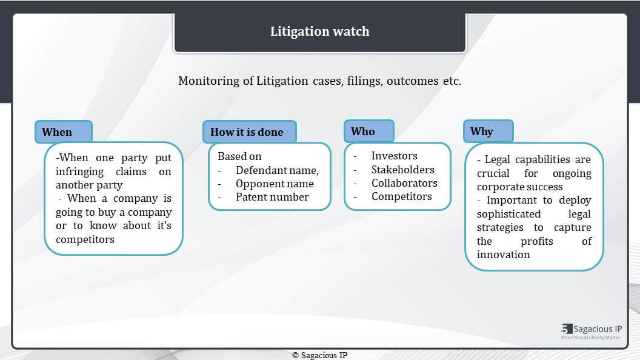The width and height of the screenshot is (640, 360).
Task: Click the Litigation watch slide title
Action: coord(319,32)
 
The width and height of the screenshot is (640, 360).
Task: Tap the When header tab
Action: coord(64,132)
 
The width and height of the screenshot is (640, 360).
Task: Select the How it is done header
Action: coord(249,132)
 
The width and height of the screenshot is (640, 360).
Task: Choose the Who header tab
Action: coord(369,131)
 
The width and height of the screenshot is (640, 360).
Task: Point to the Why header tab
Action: coord(488,131)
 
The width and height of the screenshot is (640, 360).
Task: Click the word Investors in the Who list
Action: coord(395,156)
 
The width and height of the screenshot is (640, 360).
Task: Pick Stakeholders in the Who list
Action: coord(403,170)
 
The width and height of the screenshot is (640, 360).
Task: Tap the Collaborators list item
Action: coord(404,183)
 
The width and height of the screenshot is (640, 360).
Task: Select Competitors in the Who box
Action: coord(402,197)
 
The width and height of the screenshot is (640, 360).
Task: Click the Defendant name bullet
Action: coord(277,170)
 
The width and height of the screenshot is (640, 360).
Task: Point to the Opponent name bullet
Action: coord(275,184)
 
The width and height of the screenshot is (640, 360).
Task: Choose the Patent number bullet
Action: coord(272,197)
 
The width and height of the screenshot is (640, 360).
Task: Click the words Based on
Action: coord(239,156)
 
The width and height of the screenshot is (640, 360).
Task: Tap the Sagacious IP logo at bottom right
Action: coord(591,332)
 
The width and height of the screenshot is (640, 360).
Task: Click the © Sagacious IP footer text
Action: coord(320,355)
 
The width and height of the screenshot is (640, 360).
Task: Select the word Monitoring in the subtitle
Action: coord(209,81)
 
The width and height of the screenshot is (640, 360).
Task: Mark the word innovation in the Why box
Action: coord(503,255)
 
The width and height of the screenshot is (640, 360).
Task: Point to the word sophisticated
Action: coord(508,215)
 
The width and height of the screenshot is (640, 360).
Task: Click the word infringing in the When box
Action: coord(79,172)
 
